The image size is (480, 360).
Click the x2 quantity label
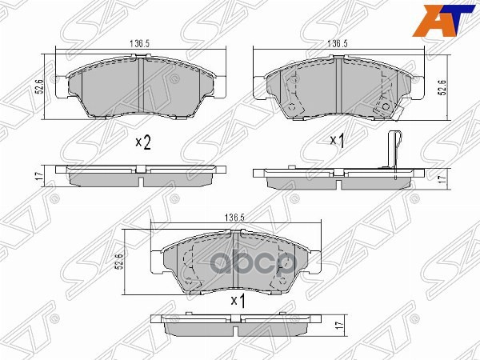coord(142,142)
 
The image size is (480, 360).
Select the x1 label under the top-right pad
coord(337,142)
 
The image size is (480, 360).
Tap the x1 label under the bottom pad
coord(237,301)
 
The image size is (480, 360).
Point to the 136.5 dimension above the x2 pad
coord(142,46)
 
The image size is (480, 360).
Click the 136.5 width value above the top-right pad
coord(338,46)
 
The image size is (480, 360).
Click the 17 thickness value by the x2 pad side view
coord(38,176)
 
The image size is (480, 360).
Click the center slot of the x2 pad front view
coord(141,80)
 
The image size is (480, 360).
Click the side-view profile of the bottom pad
coord(236,327)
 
